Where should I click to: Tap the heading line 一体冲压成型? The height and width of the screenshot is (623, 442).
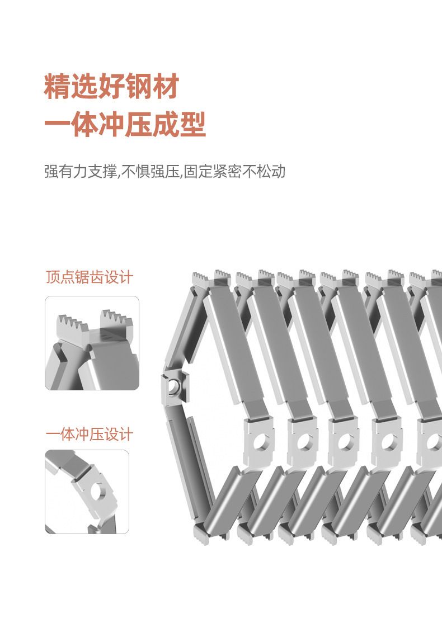pyautogui.click(x=125, y=124)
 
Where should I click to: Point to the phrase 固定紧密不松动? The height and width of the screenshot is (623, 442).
pyautogui.click(x=234, y=171)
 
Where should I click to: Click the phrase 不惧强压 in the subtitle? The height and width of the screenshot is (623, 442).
pyautogui.click(x=151, y=171)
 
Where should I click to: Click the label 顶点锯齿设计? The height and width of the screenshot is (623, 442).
pyautogui.click(x=89, y=277)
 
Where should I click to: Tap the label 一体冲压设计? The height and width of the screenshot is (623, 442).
pyautogui.click(x=89, y=435)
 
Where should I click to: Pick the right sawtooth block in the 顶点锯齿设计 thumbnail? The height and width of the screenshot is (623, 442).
pyautogui.click(x=116, y=321)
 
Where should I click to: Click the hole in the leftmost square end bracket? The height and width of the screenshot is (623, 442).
pyautogui.click(x=173, y=385)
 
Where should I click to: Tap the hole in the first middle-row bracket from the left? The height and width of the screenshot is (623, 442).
pyautogui.click(x=260, y=441)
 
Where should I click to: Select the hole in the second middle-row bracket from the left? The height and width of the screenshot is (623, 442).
pyautogui.click(x=304, y=441)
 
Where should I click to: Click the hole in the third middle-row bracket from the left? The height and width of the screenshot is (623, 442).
pyautogui.click(x=346, y=441)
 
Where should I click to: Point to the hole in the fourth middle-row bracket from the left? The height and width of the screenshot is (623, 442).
pyautogui.click(x=389, y=441)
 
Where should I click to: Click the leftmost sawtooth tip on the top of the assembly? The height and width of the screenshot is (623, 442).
pyautogui.click(x=194, y=274)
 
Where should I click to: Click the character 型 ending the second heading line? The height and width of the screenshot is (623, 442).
pyautogui.click(x=193, y=124)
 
